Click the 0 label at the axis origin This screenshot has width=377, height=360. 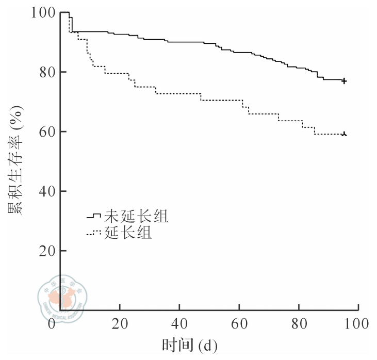[x=52, y=324]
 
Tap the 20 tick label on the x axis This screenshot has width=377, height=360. [x=120, y=324]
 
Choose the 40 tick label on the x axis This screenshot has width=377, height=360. [x=179, y=324]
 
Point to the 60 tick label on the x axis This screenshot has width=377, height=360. [x=239, y=324]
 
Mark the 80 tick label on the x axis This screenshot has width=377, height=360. [x=299, y=324]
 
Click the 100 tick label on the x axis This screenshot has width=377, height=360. [x=357, y=324]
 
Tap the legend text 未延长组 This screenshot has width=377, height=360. [x=136, y=216]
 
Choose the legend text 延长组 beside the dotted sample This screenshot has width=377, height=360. [x=128, y=233]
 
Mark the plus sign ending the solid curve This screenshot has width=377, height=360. [x=344, y=81]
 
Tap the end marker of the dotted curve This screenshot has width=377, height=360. [x=344, y=134]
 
